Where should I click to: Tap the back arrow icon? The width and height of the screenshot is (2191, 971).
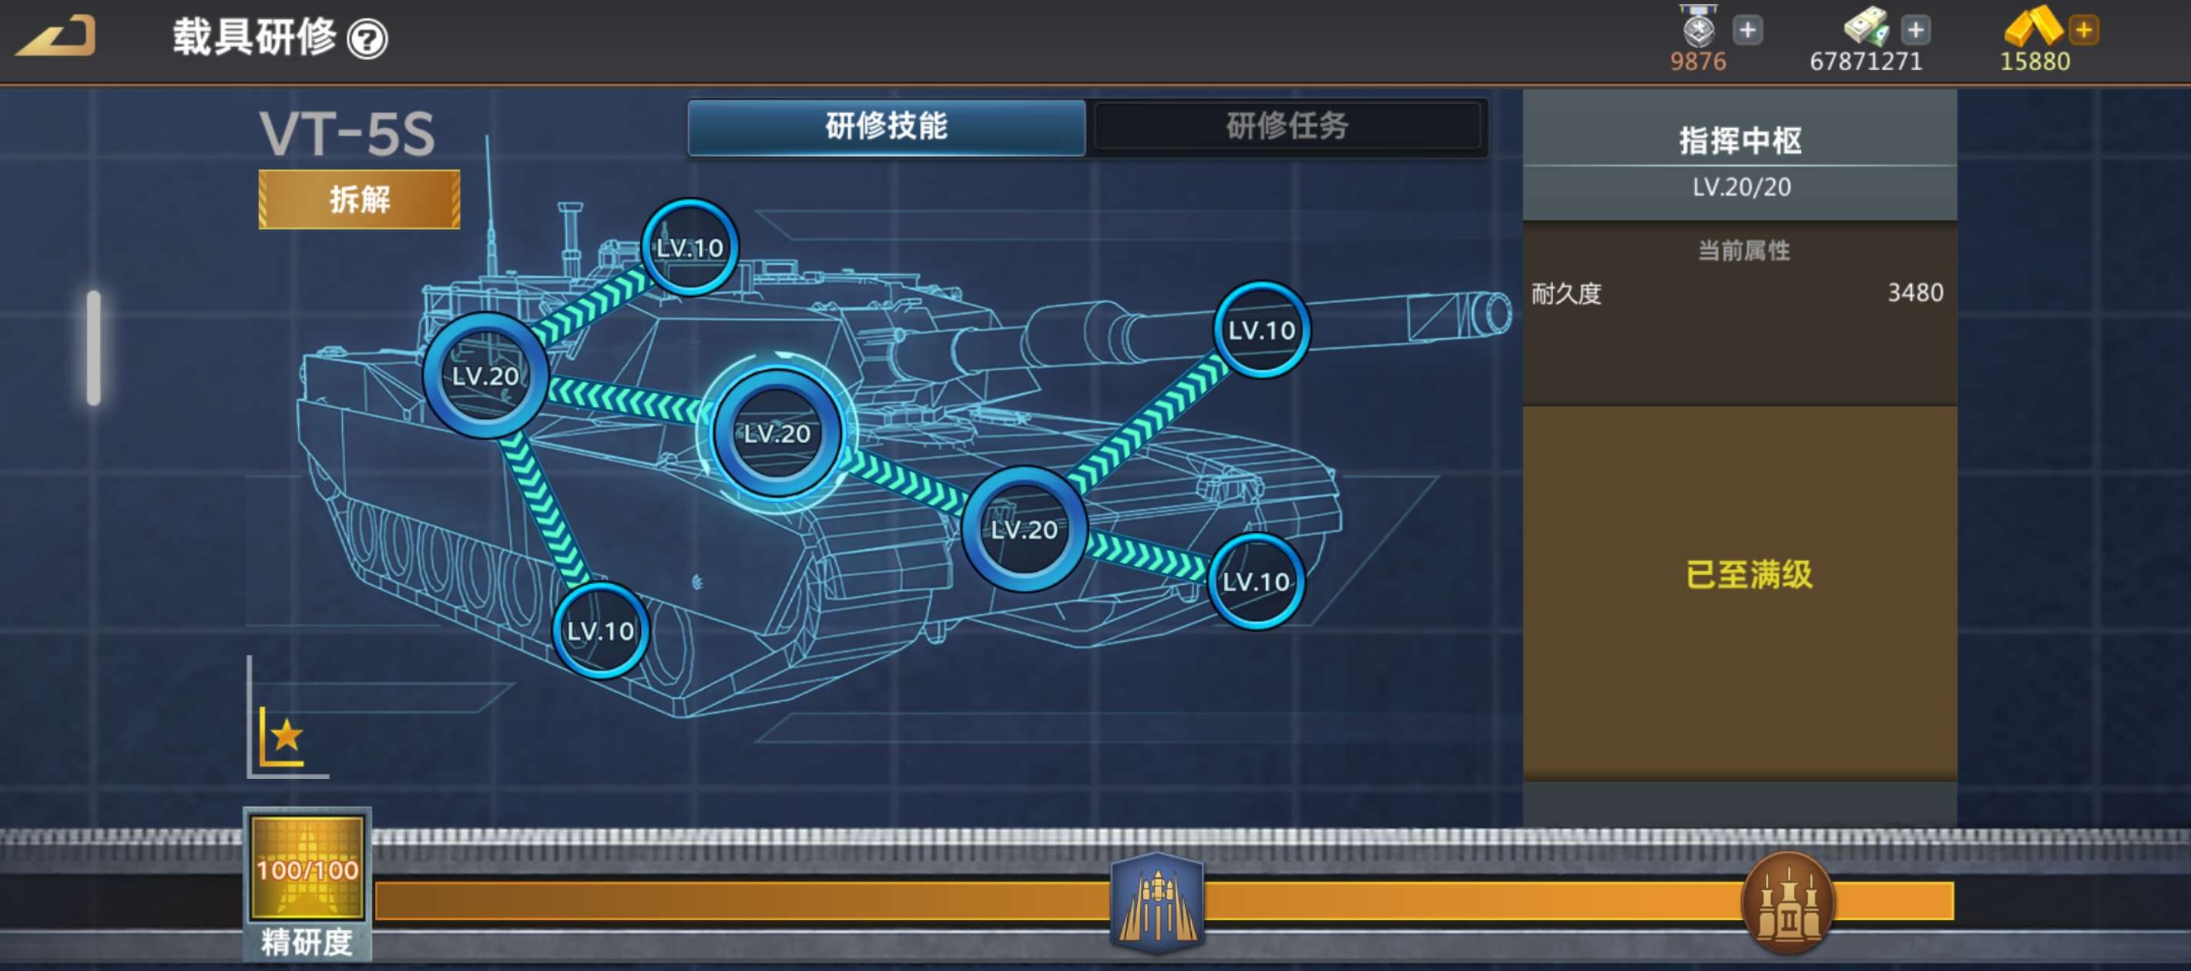pos(56,35)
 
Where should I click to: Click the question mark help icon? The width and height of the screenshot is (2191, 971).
pos(367,39)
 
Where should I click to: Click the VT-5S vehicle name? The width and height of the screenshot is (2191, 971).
pos(347,133)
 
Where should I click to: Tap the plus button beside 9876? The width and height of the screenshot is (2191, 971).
pos(1748,30)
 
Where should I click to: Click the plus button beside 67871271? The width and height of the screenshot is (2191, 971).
pos(1915,30)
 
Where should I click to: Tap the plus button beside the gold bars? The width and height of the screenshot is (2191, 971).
pos(2084,30)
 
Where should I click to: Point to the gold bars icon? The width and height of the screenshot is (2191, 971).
pos(2033,25)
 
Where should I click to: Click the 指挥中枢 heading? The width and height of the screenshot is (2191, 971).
pos(1740,140)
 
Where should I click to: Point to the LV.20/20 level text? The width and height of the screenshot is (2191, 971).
pos(1741,187)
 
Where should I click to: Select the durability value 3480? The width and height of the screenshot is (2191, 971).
pos(1915,293)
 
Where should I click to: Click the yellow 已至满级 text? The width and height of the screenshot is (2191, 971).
pos(1749,574)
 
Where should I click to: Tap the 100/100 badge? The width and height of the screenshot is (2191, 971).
pos(307,868)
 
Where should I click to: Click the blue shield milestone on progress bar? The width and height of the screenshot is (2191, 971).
pos(1156,902)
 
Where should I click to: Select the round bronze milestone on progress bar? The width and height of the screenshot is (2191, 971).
pos(1788,903)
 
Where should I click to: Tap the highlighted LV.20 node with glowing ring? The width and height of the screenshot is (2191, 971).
pos(777,433)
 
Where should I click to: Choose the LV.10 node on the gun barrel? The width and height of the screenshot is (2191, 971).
pos(1261,329)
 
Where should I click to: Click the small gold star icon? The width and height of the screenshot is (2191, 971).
pos(287,734)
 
